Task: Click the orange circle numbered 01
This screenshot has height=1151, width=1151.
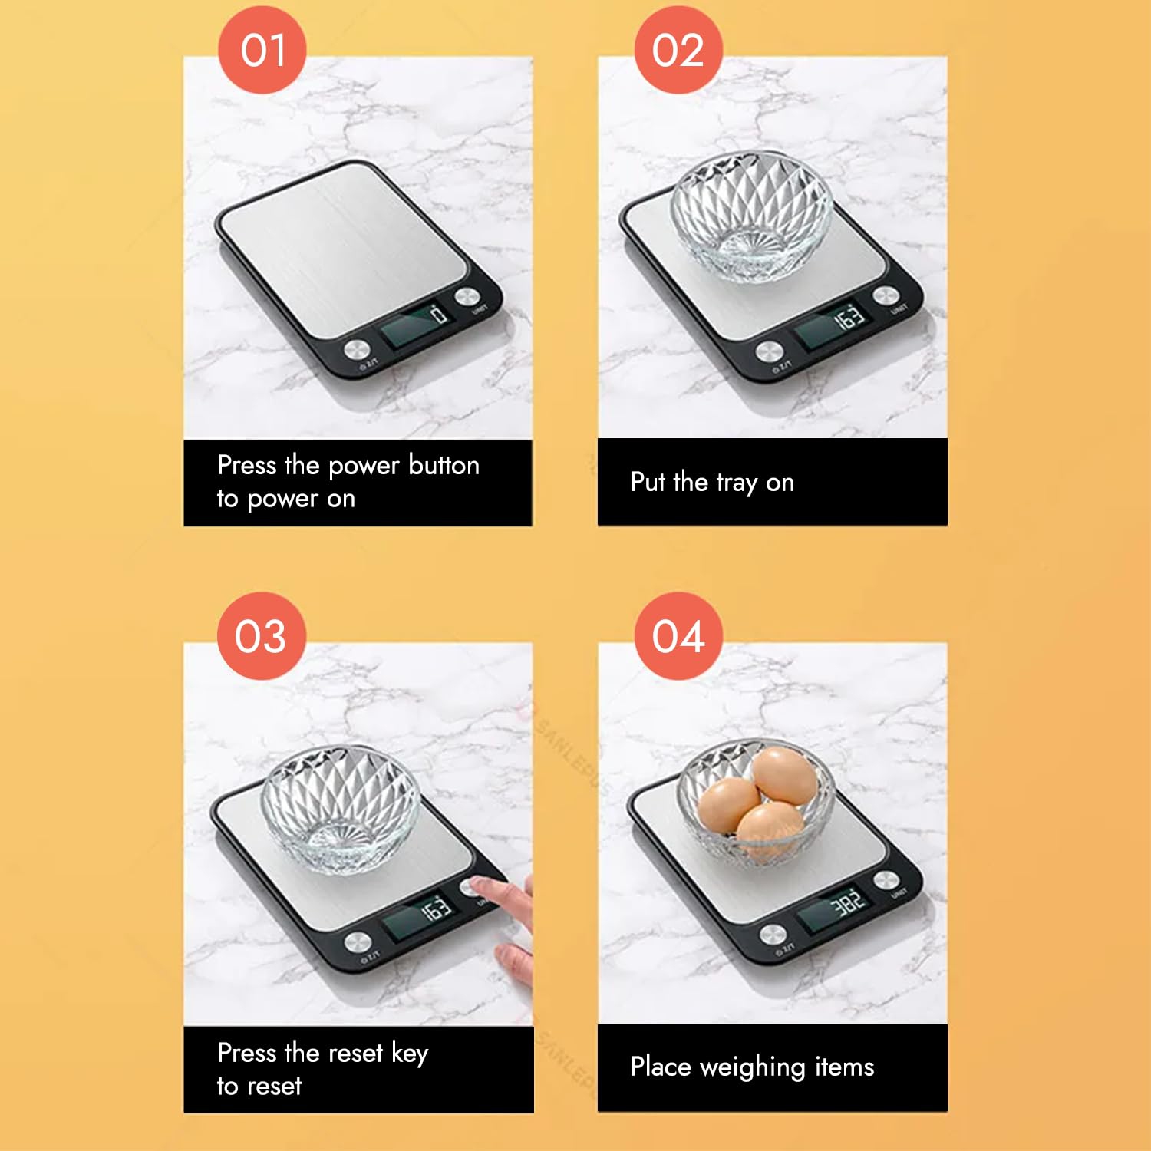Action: pyautogui.click(x=262, y=50)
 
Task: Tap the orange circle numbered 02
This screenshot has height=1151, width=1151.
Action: pyautogui.click(x=678, y=50)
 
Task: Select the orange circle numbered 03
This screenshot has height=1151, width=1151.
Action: pyautogui.click(x=262, y=635)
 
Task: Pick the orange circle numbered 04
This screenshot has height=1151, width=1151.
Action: pyautogui.click(x=678, y=635)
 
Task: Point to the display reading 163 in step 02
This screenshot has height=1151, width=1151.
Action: pyautogui.click(x=831, y=324)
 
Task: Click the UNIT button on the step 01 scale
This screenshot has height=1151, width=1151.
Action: pyautogui.click(x=467, y=297)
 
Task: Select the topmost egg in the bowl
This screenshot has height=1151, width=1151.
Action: pyautogui.click(x=784, y=775)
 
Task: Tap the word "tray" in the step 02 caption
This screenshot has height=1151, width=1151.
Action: pyautogui.click(x=736, y=483)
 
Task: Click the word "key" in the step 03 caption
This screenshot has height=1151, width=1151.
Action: pyautogui.click(x=409, y=1054)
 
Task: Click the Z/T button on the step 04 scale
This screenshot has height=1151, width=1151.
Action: pyautogui.click(x=773, y=934)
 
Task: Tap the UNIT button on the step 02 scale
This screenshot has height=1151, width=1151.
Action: pyautogui.click(x=886, y=295)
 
